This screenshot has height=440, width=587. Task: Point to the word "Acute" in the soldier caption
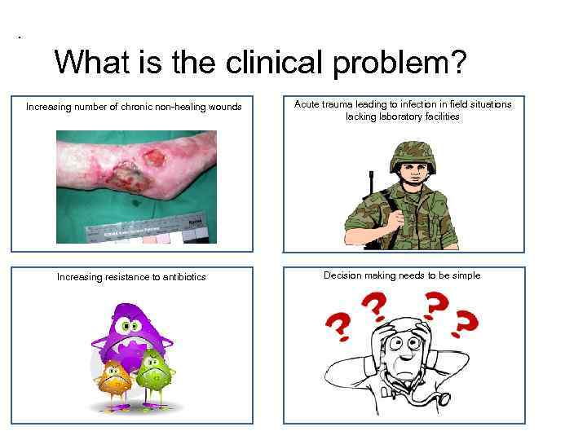click(308, 104)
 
